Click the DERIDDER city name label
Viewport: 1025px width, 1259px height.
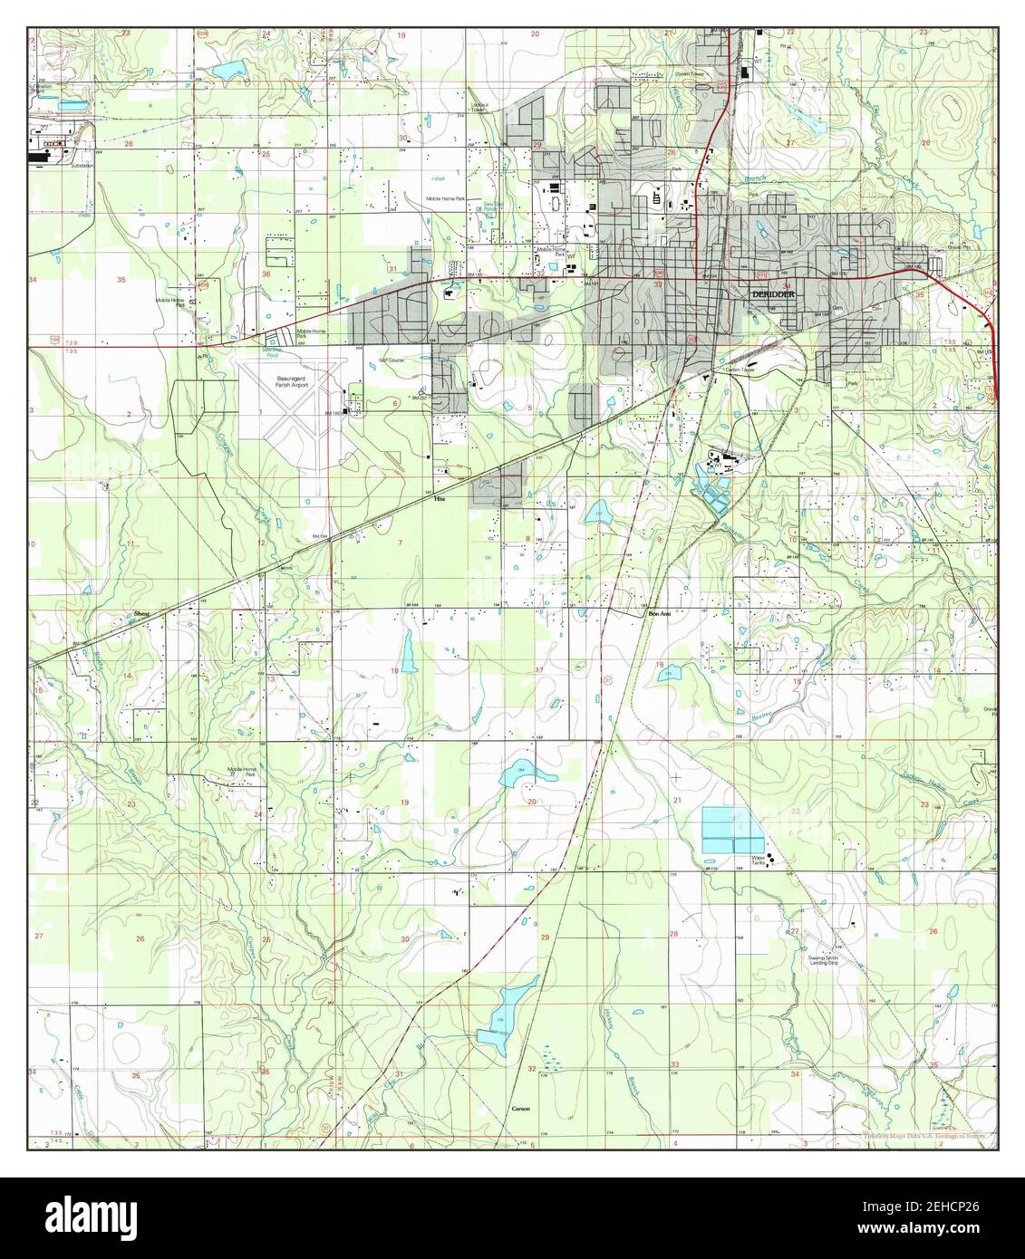pos(771,294)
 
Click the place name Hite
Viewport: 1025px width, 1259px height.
pos(440,498)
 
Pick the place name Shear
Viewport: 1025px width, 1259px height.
pos(140,614)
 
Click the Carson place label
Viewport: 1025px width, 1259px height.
pos(519,1109)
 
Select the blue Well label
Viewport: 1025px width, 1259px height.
pos(440,178)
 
